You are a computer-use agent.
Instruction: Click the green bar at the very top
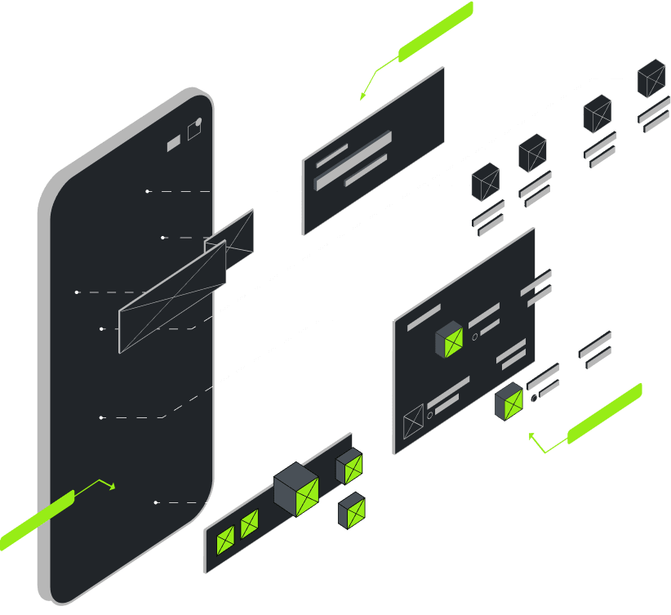[436, 32]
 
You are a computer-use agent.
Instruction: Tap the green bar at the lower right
[605, 413]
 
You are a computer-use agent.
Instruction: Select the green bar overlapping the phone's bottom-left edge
[37, 520]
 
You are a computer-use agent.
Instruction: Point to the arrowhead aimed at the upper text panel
[362, 97]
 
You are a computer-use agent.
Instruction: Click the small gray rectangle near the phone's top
[174, 144]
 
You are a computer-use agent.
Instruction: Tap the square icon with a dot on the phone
[194, 129]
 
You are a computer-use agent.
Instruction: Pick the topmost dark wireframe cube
[651, 78]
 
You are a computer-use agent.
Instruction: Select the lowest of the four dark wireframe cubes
[486, 181]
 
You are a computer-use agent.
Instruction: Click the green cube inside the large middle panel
[450, 339]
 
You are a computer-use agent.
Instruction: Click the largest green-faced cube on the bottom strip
[296, 489]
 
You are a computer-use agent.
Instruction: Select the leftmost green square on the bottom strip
[225, 540]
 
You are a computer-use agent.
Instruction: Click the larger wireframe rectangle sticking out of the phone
[172, 297]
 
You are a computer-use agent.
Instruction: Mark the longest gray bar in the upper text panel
[353, 161]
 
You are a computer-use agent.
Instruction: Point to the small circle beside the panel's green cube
[475, 336]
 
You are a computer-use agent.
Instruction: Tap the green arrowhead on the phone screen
[113, 487]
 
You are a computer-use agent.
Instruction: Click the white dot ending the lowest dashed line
[156, 502]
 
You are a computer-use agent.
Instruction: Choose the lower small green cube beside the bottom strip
[353, 511]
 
